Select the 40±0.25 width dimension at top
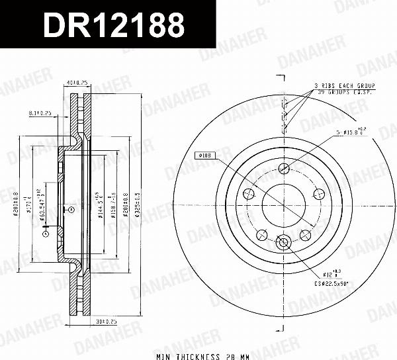[77, 83]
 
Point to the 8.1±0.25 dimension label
[40, 112]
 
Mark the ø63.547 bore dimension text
[43, 204]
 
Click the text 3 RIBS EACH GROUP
[345, 86]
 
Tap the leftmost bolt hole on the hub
[249, 194]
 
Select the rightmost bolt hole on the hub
[320, 194]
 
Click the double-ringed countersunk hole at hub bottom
[285, 242]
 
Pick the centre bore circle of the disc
[285, 204]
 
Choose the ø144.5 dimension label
[97, 204]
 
